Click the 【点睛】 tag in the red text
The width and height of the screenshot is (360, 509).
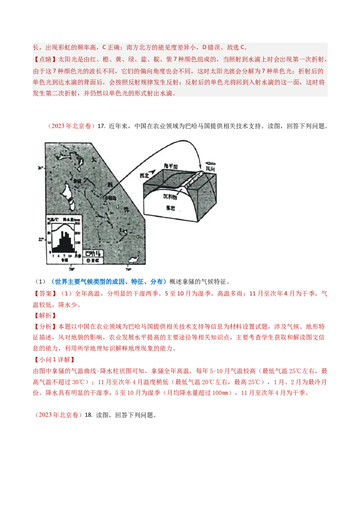[43, 59]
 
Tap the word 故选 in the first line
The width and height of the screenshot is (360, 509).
[229, 47]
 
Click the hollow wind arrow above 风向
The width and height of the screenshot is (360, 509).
[210, 164]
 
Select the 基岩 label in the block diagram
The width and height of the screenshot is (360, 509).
[172, 208]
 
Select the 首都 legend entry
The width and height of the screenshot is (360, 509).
[93, 260]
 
